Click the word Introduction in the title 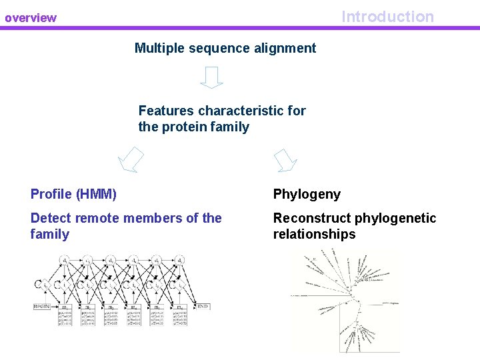387,17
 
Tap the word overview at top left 31,18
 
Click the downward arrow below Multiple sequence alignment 211,77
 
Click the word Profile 51,195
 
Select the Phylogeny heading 307,195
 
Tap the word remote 98,218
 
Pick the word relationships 314,234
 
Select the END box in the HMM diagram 203,306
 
